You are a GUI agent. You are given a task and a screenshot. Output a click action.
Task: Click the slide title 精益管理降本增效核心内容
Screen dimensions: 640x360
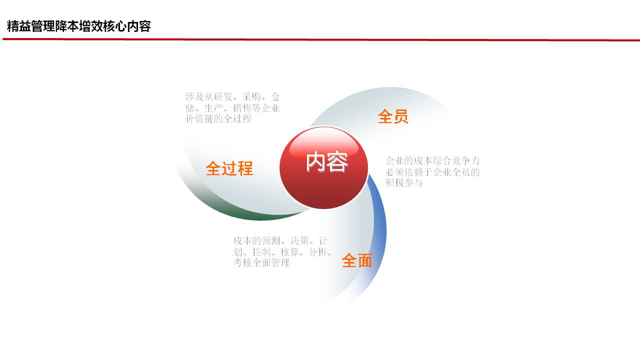pos(79,26)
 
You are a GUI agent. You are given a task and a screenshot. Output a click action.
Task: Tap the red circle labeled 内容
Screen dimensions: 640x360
pos(323,167)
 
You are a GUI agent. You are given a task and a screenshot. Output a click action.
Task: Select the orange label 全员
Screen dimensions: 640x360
pos(393,116)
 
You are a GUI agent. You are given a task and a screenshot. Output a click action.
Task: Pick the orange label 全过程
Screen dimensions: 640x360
pos(229,168)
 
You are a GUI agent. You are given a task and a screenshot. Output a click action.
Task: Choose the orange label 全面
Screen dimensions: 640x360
pos(357,260)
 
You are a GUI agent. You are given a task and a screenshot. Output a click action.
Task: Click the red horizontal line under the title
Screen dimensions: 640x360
pos(321,39)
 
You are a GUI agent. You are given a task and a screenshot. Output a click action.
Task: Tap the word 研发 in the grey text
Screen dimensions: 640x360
pos(223,97)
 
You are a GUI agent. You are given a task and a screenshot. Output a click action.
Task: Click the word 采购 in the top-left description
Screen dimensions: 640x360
pos(251,97)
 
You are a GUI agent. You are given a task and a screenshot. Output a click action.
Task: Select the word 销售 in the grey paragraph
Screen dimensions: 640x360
pos(242,108)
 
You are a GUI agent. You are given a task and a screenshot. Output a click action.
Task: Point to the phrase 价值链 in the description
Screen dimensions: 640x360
pos(199,118)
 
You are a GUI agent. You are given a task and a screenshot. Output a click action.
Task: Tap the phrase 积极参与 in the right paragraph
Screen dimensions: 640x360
pos(404,182)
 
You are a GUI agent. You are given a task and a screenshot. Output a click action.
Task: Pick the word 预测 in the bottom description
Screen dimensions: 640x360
pos(271,241)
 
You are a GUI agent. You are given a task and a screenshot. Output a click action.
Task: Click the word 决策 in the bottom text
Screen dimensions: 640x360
pos(299,241)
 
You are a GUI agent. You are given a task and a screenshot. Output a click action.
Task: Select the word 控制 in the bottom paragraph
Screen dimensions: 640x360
pos(261,252)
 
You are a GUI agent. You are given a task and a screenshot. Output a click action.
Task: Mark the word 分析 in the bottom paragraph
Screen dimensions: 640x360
pos(318,252)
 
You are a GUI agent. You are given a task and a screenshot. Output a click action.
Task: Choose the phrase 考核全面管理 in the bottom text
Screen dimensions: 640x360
pos(261,263)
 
